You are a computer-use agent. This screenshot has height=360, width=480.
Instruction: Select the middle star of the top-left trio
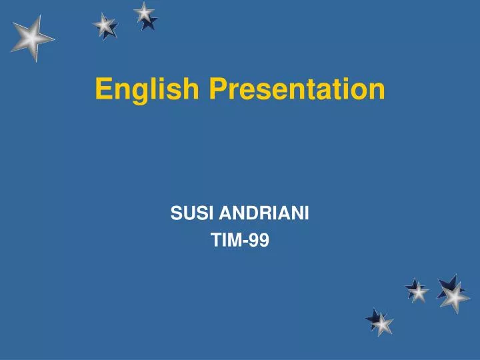pyautogui.click(x=105, y=25)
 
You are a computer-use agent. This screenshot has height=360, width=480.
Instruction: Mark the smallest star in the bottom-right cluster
pyautogui.click(x=417, y=291)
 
